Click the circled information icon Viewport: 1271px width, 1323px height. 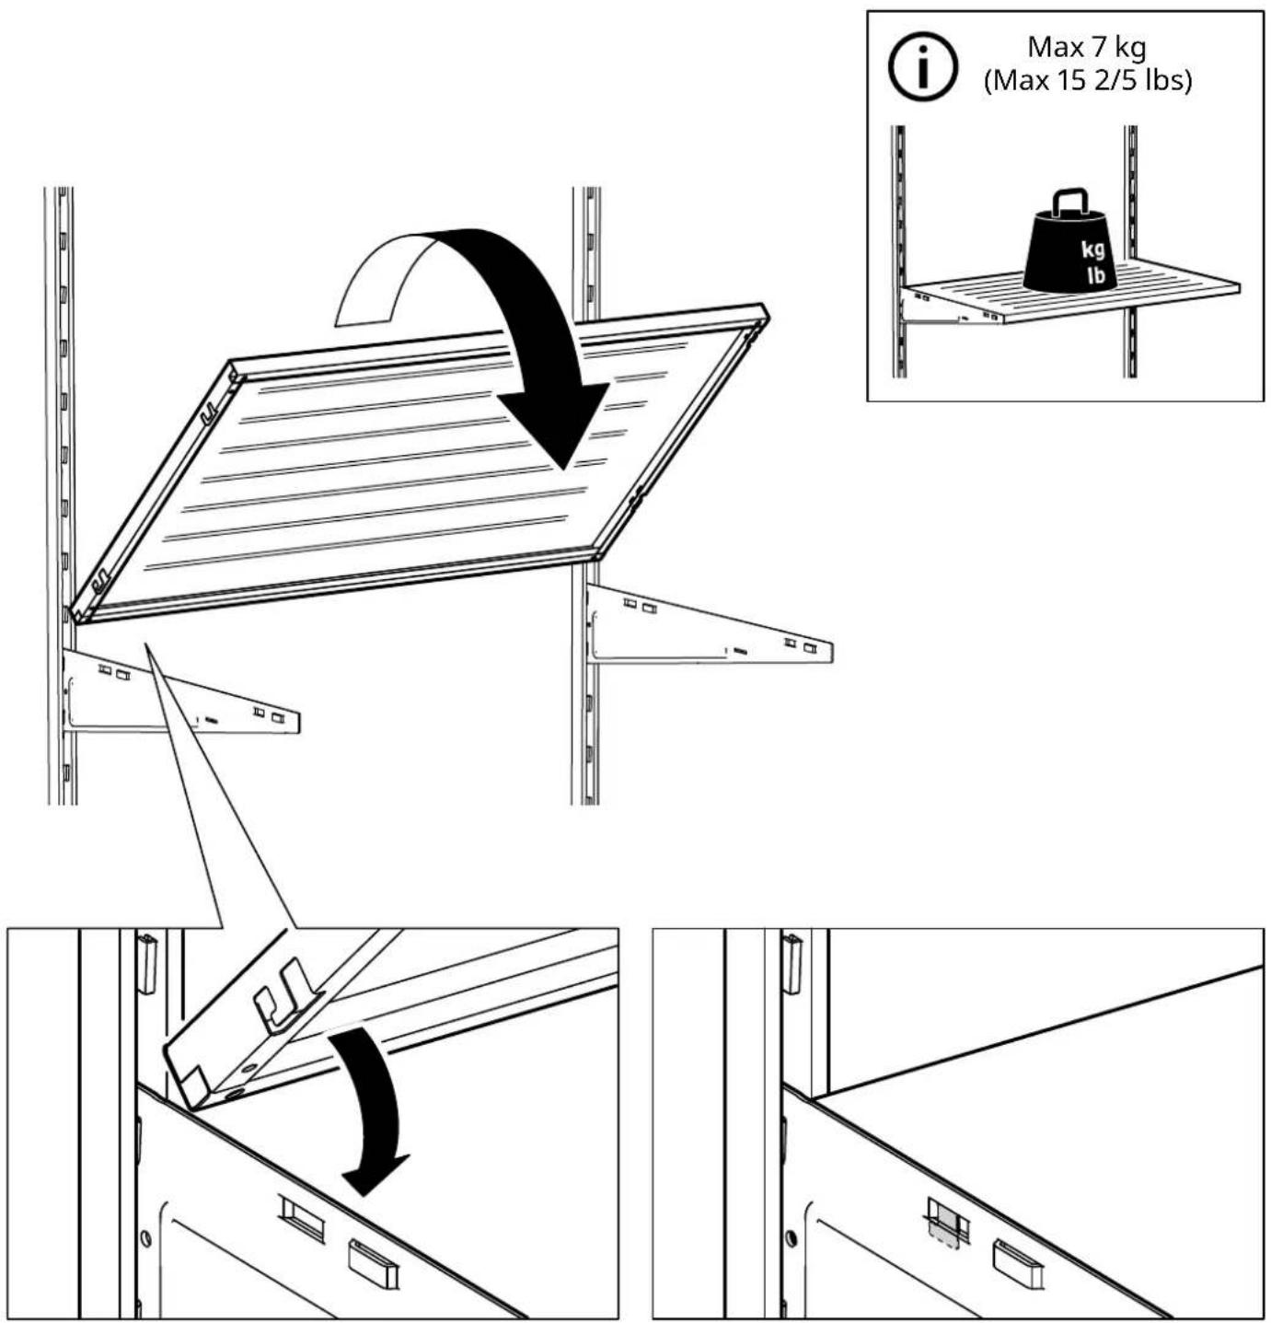point(922,66)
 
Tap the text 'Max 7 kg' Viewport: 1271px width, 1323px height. point(1086,48)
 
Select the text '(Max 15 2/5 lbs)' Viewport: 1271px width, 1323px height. point(1088,81)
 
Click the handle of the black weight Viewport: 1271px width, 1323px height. point(1070,202)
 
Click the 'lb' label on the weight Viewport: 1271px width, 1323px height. point(1095,275)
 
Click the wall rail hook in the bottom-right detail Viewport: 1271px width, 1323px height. point(791,963)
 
